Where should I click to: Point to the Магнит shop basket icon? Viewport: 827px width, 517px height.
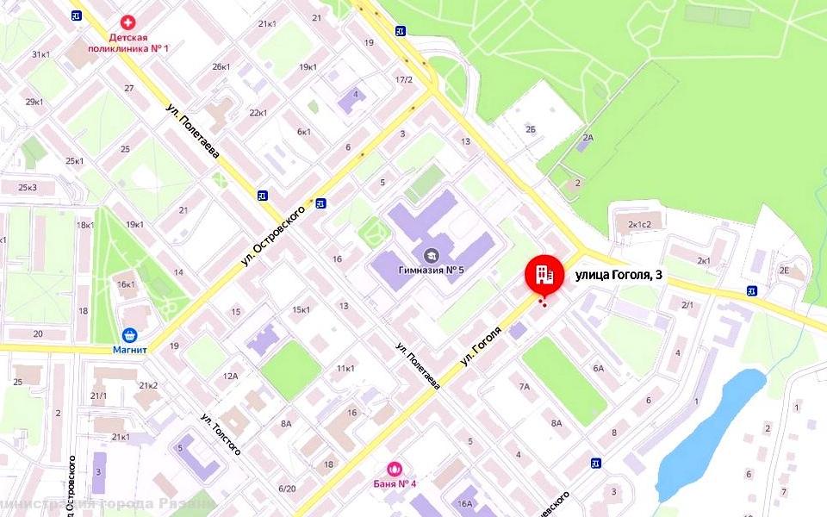(129, 334)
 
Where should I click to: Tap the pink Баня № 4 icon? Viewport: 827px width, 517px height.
(395, 469)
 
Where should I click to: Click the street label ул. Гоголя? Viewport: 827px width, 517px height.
(481, 346)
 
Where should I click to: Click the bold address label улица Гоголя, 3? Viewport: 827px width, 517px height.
(618, 275)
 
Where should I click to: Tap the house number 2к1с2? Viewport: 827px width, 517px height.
(644, 224)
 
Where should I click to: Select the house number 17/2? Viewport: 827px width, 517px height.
(404, 80)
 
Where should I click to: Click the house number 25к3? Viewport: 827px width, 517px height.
(28, 187)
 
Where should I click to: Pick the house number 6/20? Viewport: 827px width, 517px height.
(287, 489)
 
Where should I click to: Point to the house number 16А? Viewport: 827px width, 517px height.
(466, 504)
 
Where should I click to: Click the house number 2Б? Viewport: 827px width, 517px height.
(531, 129)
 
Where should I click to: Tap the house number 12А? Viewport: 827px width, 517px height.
(230, 376)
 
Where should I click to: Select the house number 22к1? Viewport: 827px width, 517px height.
(258, 113)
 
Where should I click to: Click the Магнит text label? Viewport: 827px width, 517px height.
(130, 350)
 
